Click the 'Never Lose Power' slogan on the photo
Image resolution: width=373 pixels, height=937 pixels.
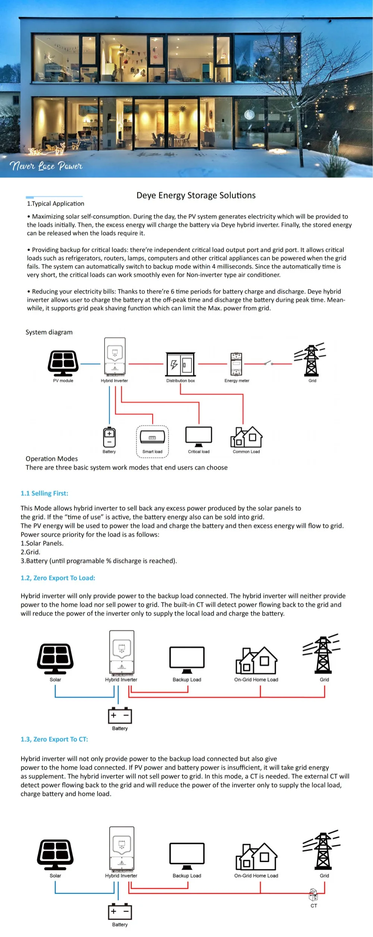(46, 166)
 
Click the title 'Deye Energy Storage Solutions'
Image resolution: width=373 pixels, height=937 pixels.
(196, 195)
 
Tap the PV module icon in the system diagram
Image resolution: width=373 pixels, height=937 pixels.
(63, 363)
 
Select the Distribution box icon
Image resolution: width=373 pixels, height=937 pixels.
(181, 364)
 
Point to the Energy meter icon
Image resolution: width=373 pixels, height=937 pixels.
(236, 364)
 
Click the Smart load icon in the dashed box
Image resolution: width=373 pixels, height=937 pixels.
(152, 437)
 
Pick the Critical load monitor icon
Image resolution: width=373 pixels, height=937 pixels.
(199, 437)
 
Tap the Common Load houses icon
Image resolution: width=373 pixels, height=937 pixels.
(246, 437)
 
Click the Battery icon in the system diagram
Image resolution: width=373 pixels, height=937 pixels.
(109, 437)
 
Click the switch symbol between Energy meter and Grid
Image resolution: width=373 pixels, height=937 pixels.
(268, 363)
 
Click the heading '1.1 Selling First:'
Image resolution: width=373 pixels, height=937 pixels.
(44, 493)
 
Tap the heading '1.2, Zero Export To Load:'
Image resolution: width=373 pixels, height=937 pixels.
(58, 578)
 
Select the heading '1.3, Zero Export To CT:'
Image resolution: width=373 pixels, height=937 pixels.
(54, 739)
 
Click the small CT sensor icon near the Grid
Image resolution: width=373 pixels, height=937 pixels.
(313, 894)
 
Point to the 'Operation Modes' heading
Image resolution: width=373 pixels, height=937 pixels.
(51, 459)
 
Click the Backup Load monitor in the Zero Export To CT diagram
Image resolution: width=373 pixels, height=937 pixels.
(187, 856)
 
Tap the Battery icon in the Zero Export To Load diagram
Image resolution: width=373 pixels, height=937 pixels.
(120, 716)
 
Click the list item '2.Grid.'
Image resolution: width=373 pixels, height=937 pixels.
(30, 552)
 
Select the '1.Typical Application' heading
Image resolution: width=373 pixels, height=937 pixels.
(55, 204)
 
